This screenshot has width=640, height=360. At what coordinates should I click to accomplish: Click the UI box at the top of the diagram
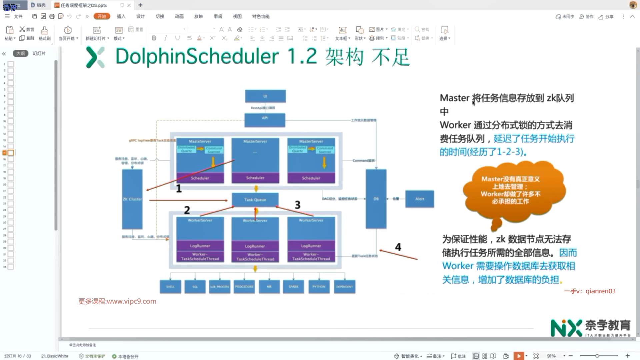265,96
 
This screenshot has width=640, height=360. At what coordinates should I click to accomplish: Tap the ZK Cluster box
132,199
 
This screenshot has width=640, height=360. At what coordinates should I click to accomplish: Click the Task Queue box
255,200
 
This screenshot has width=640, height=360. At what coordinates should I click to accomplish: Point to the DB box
376,199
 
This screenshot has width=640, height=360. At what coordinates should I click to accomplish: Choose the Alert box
420,199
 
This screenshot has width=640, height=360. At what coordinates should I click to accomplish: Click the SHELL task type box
170,287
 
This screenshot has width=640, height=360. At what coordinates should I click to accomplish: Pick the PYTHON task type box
319,287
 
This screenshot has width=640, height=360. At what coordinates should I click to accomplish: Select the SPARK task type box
293,287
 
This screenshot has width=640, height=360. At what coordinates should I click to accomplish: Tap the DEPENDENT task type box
344,287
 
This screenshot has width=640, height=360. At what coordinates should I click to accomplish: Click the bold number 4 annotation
398,247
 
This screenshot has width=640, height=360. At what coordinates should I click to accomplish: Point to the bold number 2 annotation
187,210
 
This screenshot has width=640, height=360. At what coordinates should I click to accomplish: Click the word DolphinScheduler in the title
197,56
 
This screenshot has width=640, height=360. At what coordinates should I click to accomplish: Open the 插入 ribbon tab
121,16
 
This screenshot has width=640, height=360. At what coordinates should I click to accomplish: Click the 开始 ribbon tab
102,16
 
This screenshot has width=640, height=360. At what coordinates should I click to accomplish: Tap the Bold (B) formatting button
154,38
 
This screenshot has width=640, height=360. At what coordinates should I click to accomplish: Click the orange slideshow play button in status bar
519,356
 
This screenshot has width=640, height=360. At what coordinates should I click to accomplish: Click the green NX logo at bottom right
566,328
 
